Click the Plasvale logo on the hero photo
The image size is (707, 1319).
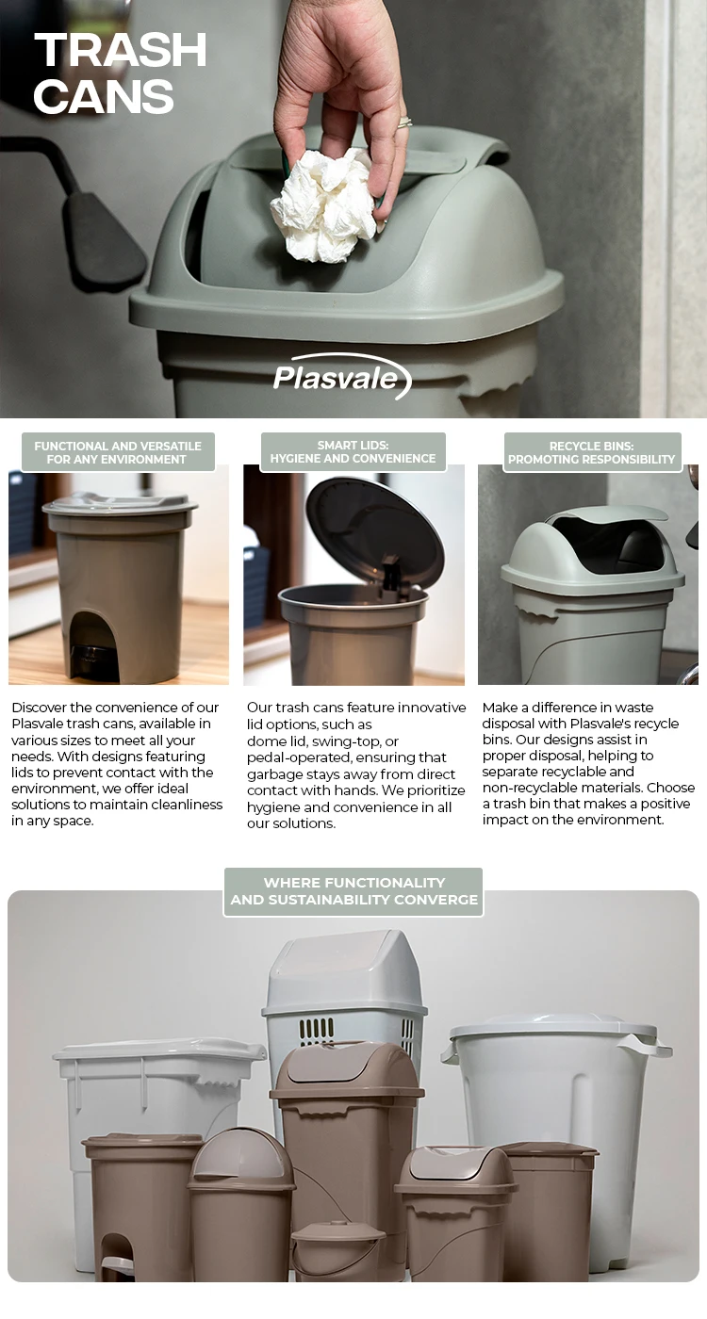click(341, 377)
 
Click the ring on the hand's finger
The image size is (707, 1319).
click(404, 122)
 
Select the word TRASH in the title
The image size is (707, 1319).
click(121, 51)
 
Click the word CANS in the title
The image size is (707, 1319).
click(104, 97)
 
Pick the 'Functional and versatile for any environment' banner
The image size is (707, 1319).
click(118, 452)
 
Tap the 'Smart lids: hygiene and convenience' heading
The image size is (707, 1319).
click(353, 452)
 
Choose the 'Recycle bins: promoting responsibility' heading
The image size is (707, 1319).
click(592, 452)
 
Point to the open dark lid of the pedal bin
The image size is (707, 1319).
click(374, 531)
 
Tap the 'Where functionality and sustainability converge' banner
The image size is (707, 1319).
click(353, 891)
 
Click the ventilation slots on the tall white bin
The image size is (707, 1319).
click(317, 1030)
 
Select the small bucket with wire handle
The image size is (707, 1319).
click(337, 1248)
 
